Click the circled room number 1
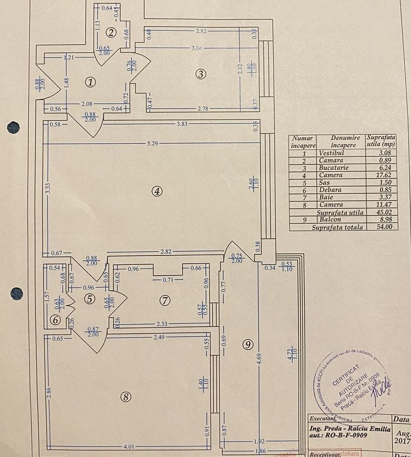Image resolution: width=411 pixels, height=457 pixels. (90, 82)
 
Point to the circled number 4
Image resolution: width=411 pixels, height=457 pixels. (157, 191)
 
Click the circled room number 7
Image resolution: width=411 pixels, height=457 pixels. (165, 300)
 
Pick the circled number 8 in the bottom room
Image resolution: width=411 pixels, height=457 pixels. (126, 397)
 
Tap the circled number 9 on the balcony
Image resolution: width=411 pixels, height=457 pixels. (248, 344)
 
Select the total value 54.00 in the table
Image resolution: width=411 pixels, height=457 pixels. (386, 227)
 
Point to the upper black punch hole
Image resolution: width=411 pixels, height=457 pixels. (13, 127)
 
